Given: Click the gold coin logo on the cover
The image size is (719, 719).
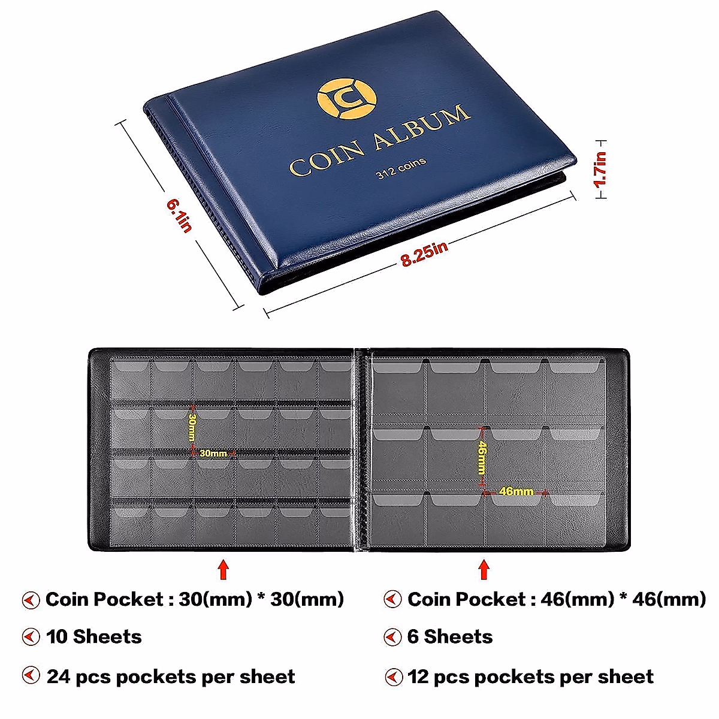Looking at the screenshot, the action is point(347,97).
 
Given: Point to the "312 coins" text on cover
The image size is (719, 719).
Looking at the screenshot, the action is point(401,168).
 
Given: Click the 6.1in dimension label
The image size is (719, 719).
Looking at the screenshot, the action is point(179,216).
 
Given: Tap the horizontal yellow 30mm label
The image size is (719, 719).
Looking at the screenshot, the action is point(213,454).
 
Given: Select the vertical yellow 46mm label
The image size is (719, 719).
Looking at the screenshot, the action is point(481,458).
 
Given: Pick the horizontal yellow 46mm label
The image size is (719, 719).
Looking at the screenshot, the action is point(516,491).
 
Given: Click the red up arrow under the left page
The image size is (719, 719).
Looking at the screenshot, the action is point(223,569).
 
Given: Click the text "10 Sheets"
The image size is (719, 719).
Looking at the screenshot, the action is point(94,636).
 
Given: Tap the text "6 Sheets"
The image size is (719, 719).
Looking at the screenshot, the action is point(450,636).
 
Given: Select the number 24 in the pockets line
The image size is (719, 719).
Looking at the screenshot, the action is point(59,676).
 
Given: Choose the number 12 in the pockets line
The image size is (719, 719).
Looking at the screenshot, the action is point(419,676).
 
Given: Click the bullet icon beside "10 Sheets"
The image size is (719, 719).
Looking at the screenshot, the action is point(31,636).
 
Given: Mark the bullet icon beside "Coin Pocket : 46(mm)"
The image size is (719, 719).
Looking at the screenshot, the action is point(392,599).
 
